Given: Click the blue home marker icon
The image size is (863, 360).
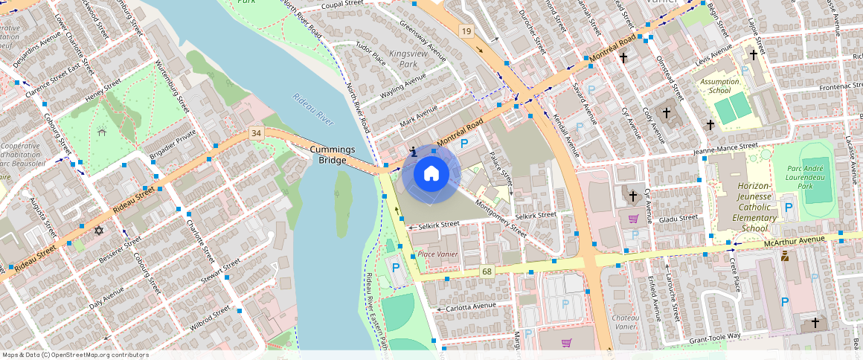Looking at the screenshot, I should tap(431, 174).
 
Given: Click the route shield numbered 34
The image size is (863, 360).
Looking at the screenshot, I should tap(257, 133).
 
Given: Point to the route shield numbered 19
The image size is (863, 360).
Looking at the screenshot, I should tap(466, 30).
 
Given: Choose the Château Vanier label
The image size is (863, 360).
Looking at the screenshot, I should tap(623, 322).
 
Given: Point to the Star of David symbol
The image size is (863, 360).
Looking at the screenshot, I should tap(97, 230).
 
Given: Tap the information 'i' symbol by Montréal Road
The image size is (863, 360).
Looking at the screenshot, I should tap(413, 152).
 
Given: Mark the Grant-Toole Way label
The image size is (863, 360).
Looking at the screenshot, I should tap(715, 337).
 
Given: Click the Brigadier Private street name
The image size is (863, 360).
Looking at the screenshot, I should tap(173, 141).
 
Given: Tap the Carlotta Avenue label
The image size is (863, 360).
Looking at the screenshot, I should tap(470, 306).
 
